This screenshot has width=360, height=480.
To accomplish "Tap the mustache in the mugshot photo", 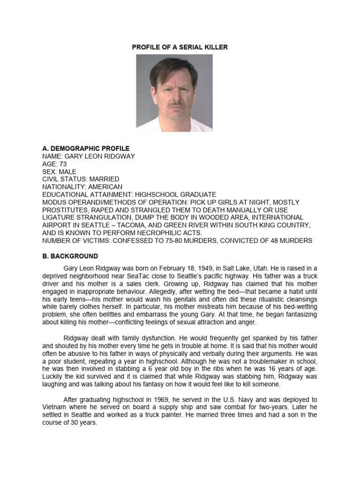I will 174,104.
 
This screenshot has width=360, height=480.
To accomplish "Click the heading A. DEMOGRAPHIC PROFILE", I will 86,149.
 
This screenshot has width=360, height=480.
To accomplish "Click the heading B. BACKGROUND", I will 70,256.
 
